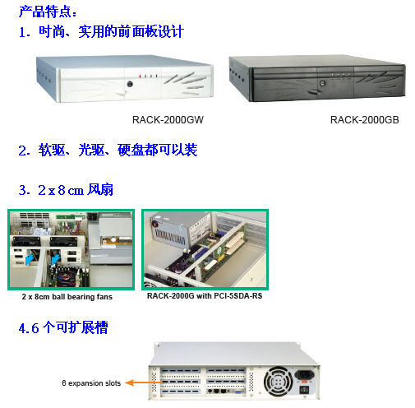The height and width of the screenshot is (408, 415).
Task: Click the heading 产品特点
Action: tap(48, 12)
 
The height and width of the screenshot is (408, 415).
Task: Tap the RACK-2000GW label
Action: tap(168, 120)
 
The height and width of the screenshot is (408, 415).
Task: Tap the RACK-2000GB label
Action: tap(364, 120)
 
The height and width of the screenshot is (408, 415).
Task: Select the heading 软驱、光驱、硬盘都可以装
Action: tap(108, 151)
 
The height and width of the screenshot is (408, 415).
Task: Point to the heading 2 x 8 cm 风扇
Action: tap(66, 190)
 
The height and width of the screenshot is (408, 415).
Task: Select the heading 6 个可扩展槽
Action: tap(63, 328)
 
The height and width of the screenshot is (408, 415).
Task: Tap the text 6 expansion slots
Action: tap(91, 382)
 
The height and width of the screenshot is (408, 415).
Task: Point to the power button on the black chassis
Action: tap(328, 81)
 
